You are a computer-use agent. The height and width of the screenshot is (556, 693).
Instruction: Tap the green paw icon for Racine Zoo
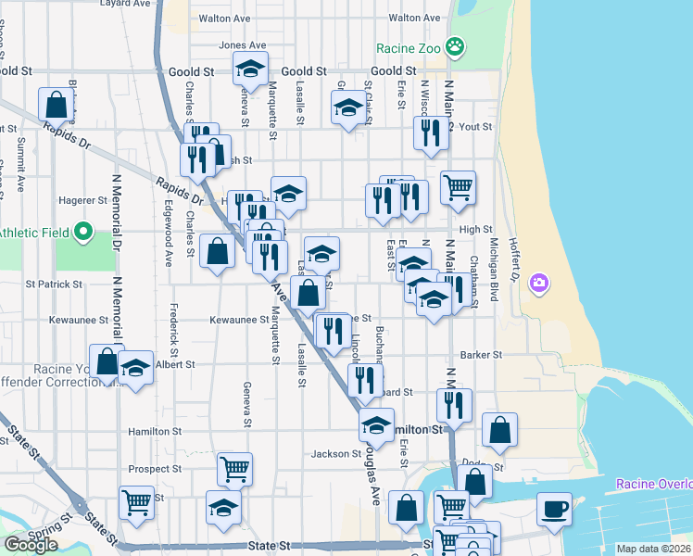(455, 45)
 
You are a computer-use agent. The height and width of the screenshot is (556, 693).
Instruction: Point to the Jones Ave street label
(242, 44)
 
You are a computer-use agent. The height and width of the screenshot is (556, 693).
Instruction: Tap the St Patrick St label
(55, 284)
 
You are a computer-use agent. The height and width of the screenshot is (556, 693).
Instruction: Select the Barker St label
(481, 355)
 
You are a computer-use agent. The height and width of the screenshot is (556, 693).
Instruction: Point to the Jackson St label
(335, 454)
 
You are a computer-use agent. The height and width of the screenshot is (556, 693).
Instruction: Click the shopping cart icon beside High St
(458, 188)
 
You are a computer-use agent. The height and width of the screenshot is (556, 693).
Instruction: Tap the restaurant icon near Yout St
(429, 132)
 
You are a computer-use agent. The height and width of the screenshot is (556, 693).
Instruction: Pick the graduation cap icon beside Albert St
(135, 370)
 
